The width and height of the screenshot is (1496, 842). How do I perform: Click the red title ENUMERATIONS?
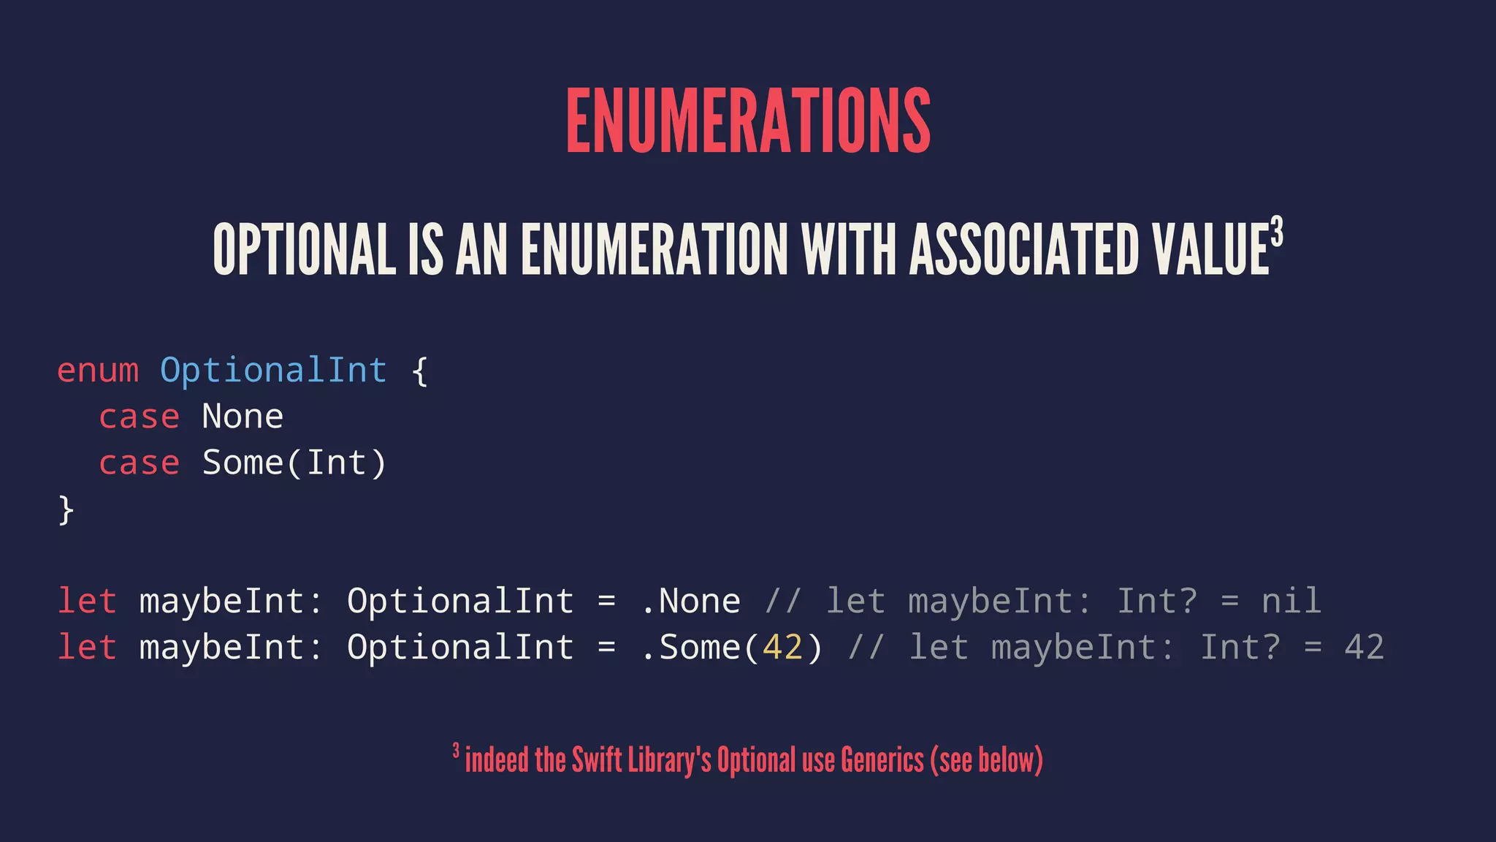tap(748, 120)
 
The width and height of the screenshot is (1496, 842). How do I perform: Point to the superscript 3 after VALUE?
tap(1276, 232)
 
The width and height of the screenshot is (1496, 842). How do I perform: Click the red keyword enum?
tap(98, 371)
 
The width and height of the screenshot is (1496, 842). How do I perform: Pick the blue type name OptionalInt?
tap(273, 371)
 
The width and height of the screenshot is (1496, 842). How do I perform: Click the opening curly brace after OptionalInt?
tap(419, 371)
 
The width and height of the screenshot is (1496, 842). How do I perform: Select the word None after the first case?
tap(243, 417)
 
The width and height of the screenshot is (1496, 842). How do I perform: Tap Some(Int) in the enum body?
tap(294, 463)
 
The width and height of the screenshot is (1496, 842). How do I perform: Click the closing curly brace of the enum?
tap(66, 509)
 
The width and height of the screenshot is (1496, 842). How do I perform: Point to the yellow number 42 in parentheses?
tap(782, 648)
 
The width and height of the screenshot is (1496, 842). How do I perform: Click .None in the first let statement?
tap(690, 602)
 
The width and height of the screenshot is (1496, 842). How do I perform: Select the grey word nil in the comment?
tap(1291, 602)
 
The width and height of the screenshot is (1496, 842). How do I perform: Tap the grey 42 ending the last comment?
tap(1364, 648)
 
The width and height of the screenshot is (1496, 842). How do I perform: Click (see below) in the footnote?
tap(986, 760)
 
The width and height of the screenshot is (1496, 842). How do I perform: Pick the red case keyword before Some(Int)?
tap(139, 463)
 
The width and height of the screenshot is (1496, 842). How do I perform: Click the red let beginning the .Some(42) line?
tap(87, 648)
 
